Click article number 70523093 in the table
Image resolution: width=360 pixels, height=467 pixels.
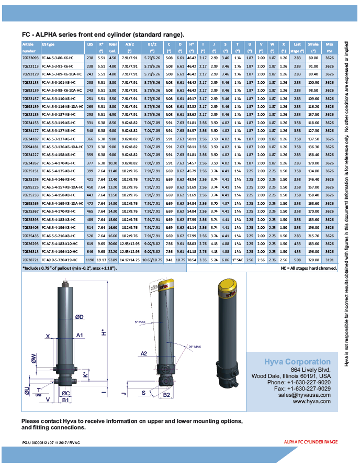tap(31, 58)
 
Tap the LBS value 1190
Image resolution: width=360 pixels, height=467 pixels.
tap(90, 260)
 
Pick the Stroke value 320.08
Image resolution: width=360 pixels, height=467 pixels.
tap(313, 260)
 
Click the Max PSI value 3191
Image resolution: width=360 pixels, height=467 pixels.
tap(329, 260)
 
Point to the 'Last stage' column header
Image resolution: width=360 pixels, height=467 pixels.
tap(297, 48)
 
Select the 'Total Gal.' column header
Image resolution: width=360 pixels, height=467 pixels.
tap(113, 48)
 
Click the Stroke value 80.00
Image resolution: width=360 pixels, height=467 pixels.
tap(313, 58)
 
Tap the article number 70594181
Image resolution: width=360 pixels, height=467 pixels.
tap(31, 147)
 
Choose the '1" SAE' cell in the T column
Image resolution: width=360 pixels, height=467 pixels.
tap(238, 260)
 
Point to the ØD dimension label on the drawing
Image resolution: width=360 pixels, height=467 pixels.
tap(80, 317)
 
